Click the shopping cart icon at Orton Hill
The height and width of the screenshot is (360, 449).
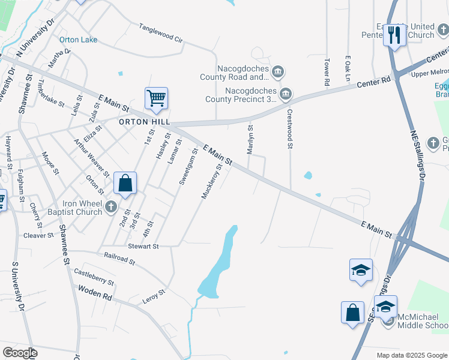point(156,97)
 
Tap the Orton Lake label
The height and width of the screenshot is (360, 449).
point(78,40)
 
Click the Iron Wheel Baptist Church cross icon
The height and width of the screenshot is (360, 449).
point(110,208)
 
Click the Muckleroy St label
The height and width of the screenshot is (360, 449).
point(211,180)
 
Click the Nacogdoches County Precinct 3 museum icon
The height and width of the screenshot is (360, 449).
point(286,93)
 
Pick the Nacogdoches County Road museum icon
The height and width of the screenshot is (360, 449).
point(277,73)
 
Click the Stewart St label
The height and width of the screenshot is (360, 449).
point(143,246)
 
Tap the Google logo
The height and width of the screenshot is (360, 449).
point(20,352)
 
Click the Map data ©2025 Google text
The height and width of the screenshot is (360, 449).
point(411,355)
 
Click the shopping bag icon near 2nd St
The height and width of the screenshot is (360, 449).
point(125,183)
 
